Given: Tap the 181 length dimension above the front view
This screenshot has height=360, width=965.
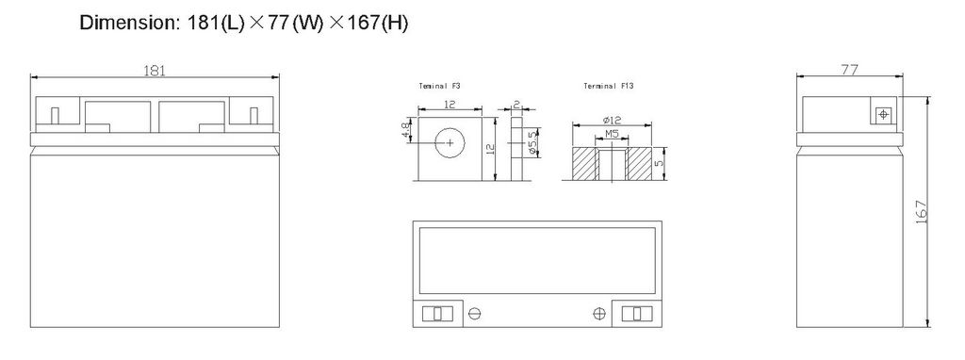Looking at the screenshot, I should (x=155, y=71).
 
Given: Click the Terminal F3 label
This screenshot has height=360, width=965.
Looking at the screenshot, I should (x=440, y=87).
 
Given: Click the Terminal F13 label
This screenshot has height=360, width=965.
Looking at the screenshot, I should (x=609, y=87).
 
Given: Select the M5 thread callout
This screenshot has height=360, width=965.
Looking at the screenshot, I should (x=610, y=136).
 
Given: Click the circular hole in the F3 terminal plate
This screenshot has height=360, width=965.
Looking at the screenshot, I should (x=450, y=143).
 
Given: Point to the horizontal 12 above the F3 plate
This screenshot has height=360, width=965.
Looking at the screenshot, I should (x=450, y=102).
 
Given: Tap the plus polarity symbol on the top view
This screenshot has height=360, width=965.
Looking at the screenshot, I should (x=597, y=314).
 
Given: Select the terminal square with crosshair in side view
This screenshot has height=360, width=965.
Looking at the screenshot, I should (x=883, y=114).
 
